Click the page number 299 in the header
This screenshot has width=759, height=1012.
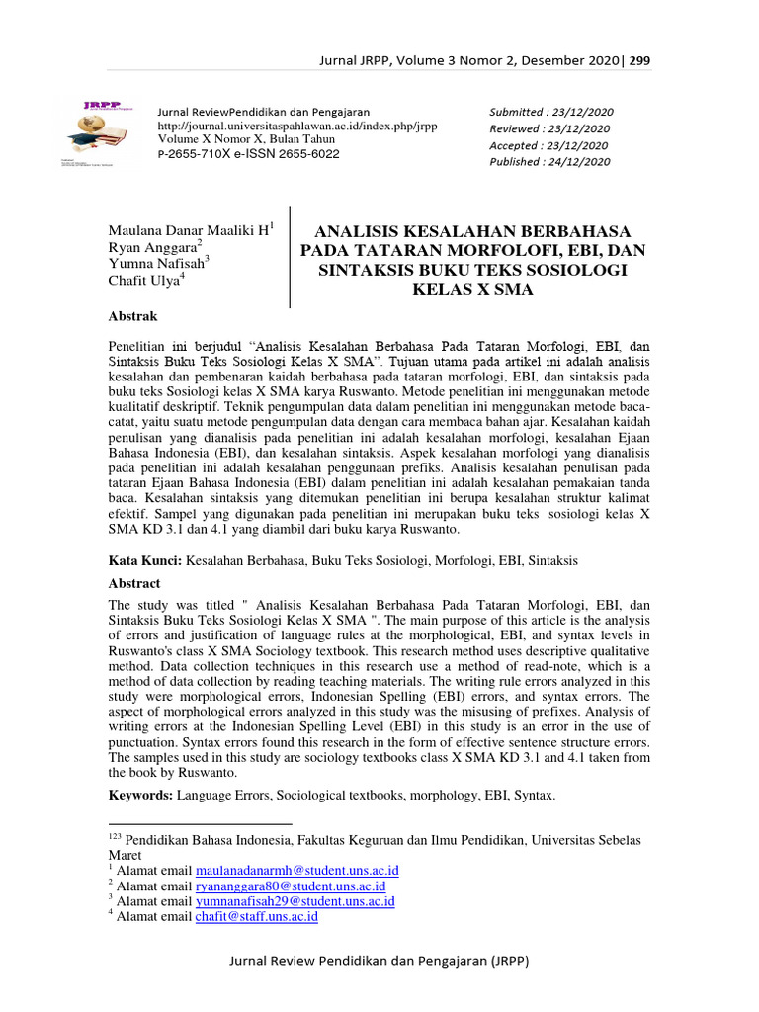point(639,61)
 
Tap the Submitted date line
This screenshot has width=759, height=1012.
point(550,112)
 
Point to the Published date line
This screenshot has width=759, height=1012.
point(550,162)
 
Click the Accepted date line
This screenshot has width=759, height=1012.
point(549,145)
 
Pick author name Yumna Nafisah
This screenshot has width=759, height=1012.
point(155,264)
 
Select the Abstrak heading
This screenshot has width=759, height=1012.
point(132,316)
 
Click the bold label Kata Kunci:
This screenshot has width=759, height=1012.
point(145,560)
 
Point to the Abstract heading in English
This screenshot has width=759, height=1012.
point(134,583)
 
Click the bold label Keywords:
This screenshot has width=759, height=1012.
point(140,795)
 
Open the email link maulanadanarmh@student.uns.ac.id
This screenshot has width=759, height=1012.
point(296,871)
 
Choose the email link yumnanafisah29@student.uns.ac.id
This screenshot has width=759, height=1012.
point(295,901)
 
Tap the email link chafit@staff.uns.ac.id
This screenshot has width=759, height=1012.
point(256,917)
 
